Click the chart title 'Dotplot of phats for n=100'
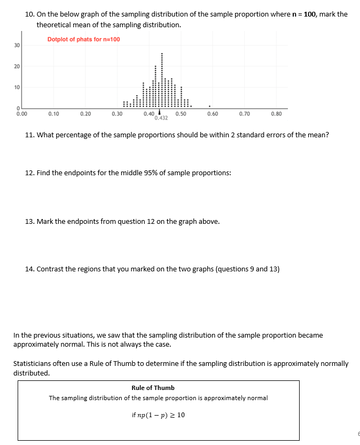coord(83,40)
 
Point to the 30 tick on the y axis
coord(17,46)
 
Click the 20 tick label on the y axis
coord(17,67)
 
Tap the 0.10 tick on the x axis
coord(53,114)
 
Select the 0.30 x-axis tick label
coord(117,114)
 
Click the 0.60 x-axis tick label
coord(212,114)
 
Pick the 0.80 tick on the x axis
coord(276,114)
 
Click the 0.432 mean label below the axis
coord(161,118)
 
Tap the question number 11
coord(30,135)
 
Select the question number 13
coord(30,221)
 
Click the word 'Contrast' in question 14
coord(50,269)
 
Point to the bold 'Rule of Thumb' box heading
coord(153,388)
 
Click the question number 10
coord(30,14)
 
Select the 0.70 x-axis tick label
coord(244,114)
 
